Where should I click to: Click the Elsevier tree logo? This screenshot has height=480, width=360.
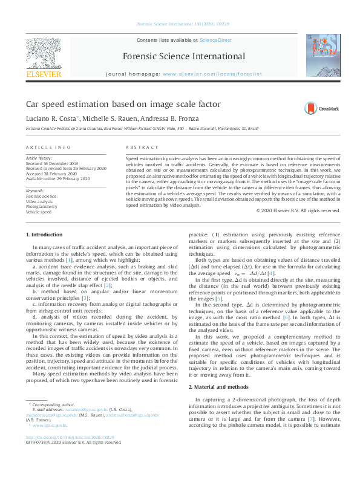[44, 52]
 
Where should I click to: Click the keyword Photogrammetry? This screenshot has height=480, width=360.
[41, 206]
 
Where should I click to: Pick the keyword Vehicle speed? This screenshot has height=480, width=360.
[38, 212]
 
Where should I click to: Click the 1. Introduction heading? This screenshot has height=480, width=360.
[44, 235]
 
